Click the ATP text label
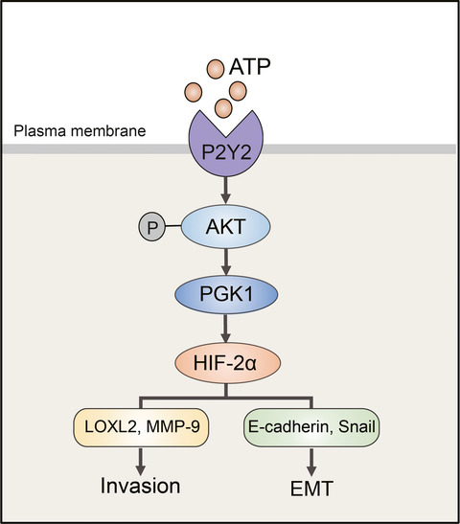click(x=250, y=66)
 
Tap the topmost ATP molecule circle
click(x=216, y=69)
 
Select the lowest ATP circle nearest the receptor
click(x=223, y=108)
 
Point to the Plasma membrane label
click(x=80, y=130)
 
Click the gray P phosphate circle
click(x=152, y=227)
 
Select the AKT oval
click(x=225, y=227)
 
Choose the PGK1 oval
click(x=226, y=294)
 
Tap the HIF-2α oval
click(x=227, y=363)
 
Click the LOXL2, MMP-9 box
click(x=141, y=427)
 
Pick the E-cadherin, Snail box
click(x=311, y=427)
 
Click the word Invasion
click(x=141, y=486)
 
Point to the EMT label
click(x=311, y=489)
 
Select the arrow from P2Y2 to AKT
click(x=226, y=190)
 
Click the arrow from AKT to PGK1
click(x=226, y=262)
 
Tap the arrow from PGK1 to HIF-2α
click(x=225, y=329)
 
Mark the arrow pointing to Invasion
click(x=141, y=461)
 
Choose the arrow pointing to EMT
click(x=311, y=462)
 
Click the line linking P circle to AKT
click(x=173, y=226)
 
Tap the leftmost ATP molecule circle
click(x=194, y=92)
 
